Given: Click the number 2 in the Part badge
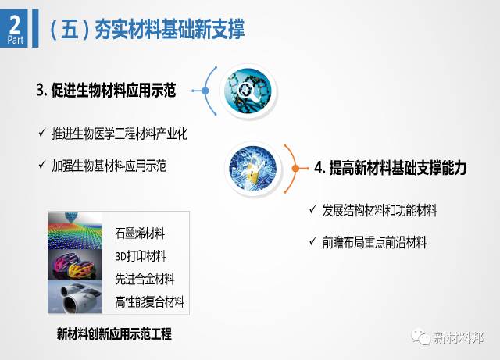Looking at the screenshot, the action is (x=14, y=24).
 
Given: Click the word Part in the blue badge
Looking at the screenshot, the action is (x=16, y=40).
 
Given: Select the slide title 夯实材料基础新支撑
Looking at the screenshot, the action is (x=170, y=30).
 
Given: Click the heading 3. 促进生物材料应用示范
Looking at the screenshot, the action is (x=106, y=91).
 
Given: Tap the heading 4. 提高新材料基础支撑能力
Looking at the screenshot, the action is (x=391, y=168).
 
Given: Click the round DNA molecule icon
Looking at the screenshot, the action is (x=248, y=91).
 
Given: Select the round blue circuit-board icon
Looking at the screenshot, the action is (x=253, y=169).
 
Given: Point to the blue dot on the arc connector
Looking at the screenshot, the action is (x=205, y=91).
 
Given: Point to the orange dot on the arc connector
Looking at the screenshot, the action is (x=295, y=168).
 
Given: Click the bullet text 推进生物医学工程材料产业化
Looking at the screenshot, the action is (x=120, y=134).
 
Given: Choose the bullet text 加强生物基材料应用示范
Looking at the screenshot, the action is (x=109, y=166).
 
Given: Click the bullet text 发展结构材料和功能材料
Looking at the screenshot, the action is (x=380, y=210).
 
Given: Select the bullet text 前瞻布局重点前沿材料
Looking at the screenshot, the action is (x=374, y=242).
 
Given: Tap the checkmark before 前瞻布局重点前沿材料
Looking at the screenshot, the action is (x=312, y=241).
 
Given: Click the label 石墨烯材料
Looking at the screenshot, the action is (x=140, y=233).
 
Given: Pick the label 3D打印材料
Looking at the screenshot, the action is (x=141, y=256).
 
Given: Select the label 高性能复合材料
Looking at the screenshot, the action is (x=150, y=301).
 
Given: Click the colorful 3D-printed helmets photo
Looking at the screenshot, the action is (x=75, y=265).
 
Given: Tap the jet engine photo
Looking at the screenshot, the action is (x=75, y=297).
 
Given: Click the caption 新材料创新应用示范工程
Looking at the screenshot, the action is (x=114, y=334).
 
